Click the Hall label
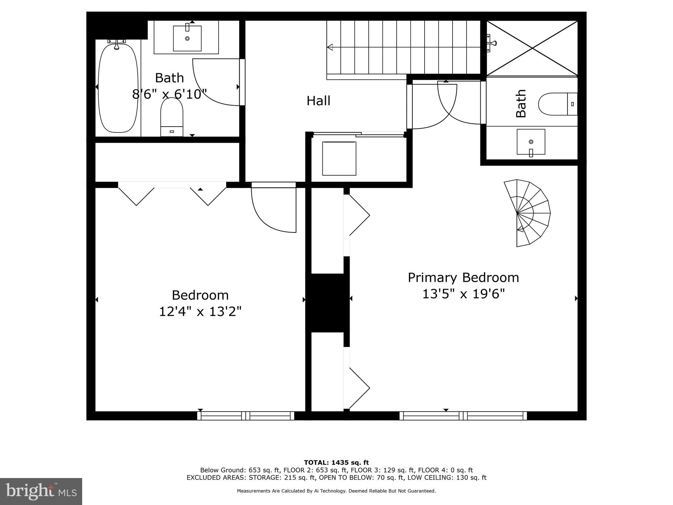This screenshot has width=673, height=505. pyautogui.click(x=318, y=101)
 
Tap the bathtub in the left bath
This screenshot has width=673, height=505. pyautogui.click(x=118, y=88)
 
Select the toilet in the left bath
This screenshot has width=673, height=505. pyautogui.click(x=172, y=117)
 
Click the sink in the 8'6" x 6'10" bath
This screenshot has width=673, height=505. pyautogui.click(x=187, y=38)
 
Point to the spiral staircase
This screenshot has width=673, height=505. pyautogui.click(x=528, y=213)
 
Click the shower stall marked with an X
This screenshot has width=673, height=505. pyautogui.click(x=532, y=48)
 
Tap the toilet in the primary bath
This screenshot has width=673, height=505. pyautogui.click(x=557, y=104)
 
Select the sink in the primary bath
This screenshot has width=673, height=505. pyautogui.click(x=531, y=142)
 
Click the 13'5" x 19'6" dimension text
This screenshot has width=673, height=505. pyautogui.click(x=463, y=294)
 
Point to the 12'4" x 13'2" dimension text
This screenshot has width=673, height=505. pyautogui.click(x=200, y=311)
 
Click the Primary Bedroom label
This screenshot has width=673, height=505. pyautogui.click(x=463, y=277)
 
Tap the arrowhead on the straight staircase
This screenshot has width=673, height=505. pyautogui.click(x=330, y=47)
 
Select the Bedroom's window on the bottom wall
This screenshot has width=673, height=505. pyautogui.click(x=245, y=416)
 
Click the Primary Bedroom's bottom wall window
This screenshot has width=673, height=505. pyautogui.click(x=463, y=416)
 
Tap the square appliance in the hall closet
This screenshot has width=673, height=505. pyautogui.click(x=339, y=158)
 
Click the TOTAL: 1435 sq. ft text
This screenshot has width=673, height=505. pyautogui.click(x=336, y=463)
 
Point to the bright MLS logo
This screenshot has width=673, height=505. pyautogui.click(x=41, y=492)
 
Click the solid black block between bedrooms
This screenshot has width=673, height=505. pyautogui.click(x=327, y=302)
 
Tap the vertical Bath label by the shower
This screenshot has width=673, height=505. pyautogui.click(x=521, y=103)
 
